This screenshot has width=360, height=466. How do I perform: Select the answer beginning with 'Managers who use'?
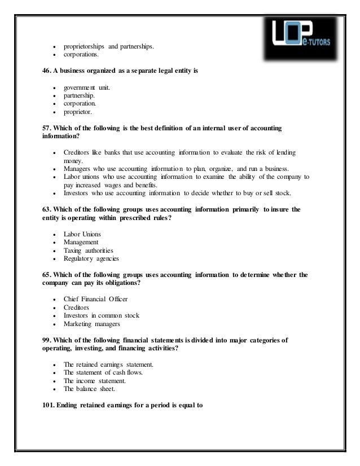[x=175, y=169]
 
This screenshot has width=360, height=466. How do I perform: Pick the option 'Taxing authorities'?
[x=89, y=250]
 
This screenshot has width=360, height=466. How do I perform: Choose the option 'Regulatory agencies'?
[x=91, y=258]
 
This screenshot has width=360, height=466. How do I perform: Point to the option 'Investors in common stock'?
[x=102, y=315]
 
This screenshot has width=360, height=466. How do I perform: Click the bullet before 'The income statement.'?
[x=54, y=381]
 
